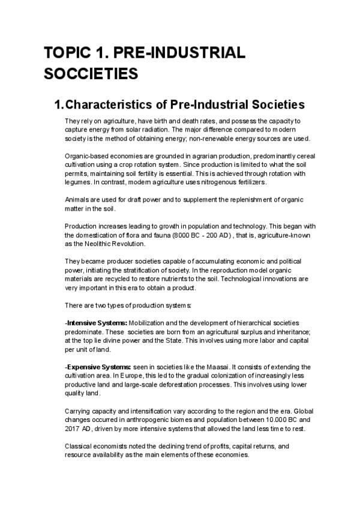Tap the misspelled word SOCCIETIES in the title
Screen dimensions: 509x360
(x=91, y=74)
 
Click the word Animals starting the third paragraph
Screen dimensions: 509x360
(x=76, y=199)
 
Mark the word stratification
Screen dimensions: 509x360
(x=161, y=270)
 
